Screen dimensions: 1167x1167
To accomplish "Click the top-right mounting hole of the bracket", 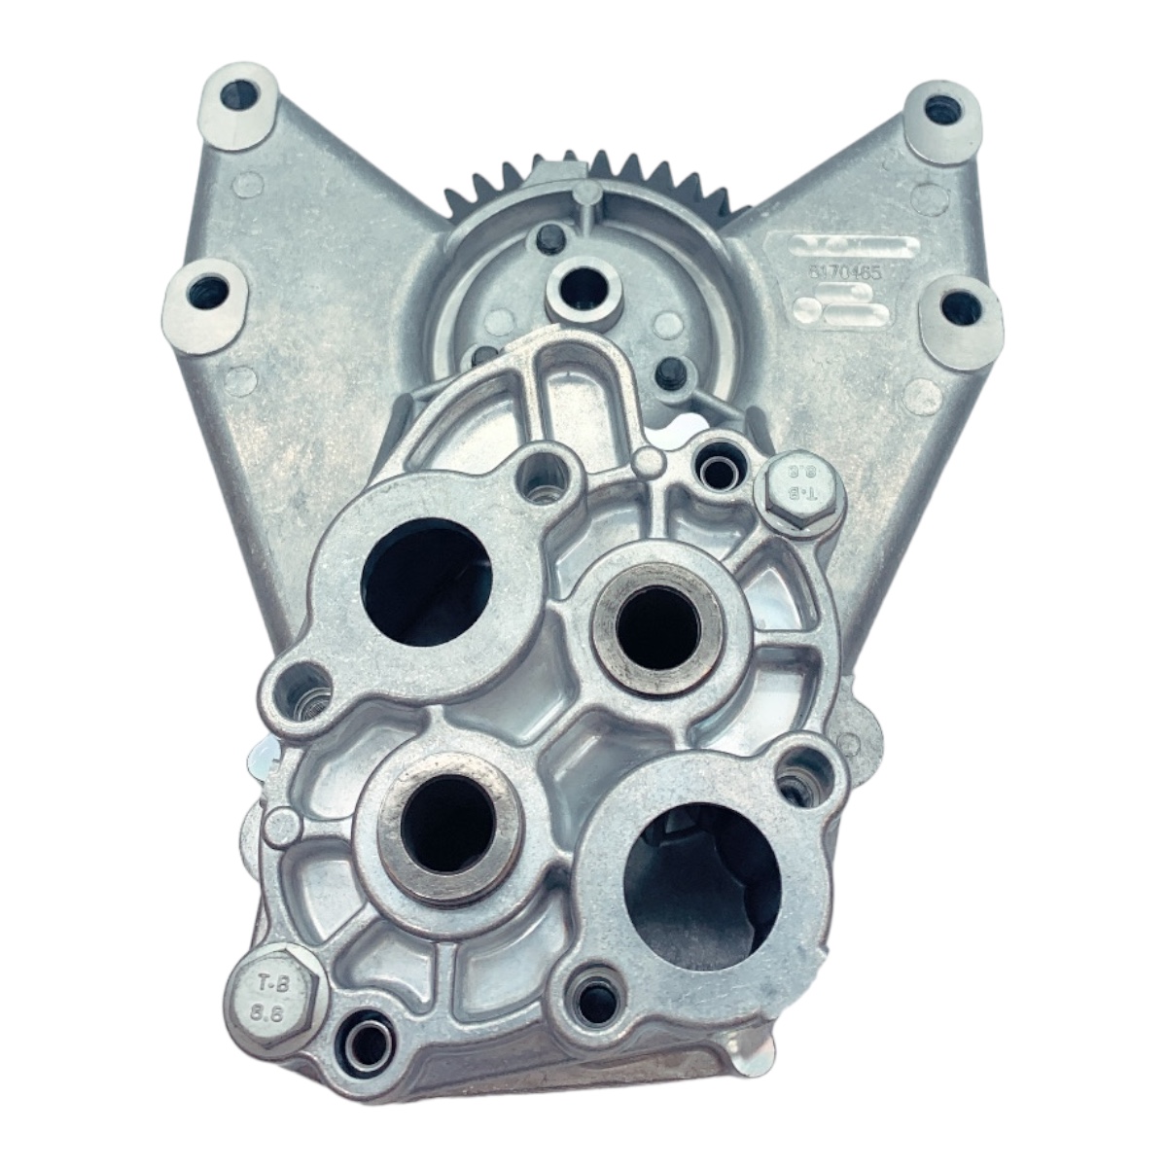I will pos(937,107).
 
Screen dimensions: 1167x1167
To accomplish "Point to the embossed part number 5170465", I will pos(845,275).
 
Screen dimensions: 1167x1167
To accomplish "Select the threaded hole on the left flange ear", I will pos(309,692).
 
